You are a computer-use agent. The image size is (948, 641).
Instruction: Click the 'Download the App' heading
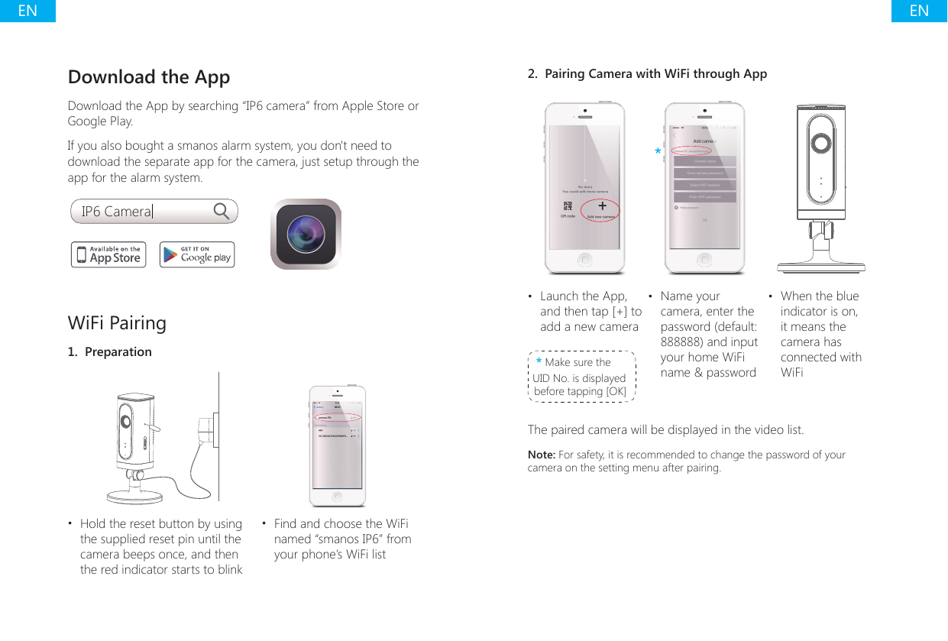click(149, 77)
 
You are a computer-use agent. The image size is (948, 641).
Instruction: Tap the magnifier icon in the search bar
click(222, 211)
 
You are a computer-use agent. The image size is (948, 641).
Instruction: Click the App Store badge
click(108, 254)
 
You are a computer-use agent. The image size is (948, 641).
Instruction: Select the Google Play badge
click(197, 254)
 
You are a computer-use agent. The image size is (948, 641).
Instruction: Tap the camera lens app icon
click(306, 234)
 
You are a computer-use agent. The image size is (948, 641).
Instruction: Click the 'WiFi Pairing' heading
click(117, 322)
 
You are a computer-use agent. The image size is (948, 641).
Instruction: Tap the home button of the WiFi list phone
click(338, 496)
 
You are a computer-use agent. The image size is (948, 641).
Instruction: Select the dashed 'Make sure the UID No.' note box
click(581, 376)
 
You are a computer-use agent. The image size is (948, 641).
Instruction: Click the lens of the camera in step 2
click(821, 144)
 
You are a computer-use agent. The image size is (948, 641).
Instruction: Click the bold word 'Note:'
click(542, 455)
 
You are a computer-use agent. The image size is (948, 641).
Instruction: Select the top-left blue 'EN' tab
click(28, 11)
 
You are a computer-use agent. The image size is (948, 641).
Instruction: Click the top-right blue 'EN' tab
click(919, 11)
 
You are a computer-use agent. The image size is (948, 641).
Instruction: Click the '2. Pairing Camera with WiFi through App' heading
click(648, 74)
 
